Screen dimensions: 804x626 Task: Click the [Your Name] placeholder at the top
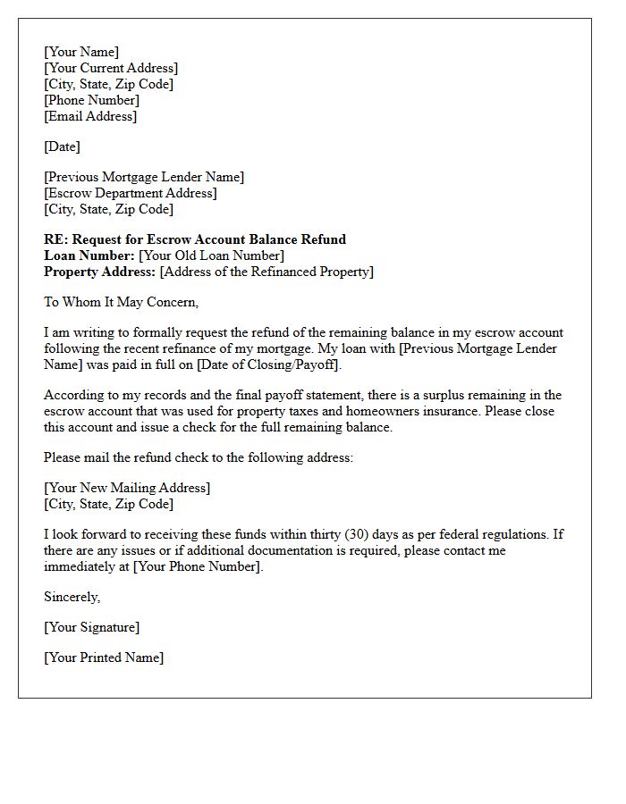pyautogui.click(x=81, y=52)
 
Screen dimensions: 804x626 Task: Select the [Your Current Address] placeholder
pyautogui.click(x=111, y=68)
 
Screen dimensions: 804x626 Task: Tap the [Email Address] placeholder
pyautogui.click(x=90, y=116)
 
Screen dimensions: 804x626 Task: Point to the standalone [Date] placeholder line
pyautogui.click(x=62, y=147)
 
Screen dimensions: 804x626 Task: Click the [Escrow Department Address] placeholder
pyautogui.click(x=131, y=193)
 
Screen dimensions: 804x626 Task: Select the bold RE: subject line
pyautogui.click(x=195, y=239)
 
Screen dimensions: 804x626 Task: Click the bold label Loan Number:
pyautogui.click(x=89, y=255)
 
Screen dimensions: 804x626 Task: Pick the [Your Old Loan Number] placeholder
pyautogui.click(x=212, y=255)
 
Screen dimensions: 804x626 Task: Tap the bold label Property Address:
pyautogui.click(x=100, y=272)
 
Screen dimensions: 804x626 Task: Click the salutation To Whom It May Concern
pyautogui.click(x=121, y=302)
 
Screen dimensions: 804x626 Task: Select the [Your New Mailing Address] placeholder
pyautogui.click(x=127, y=488)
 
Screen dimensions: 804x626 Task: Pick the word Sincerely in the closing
pyautogui.click(x=72, y=597)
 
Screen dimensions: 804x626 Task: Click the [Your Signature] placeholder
pyautogui.click(x=92, y=627)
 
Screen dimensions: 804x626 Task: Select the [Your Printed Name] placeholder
pyautogui.click(x=104, y=657)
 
